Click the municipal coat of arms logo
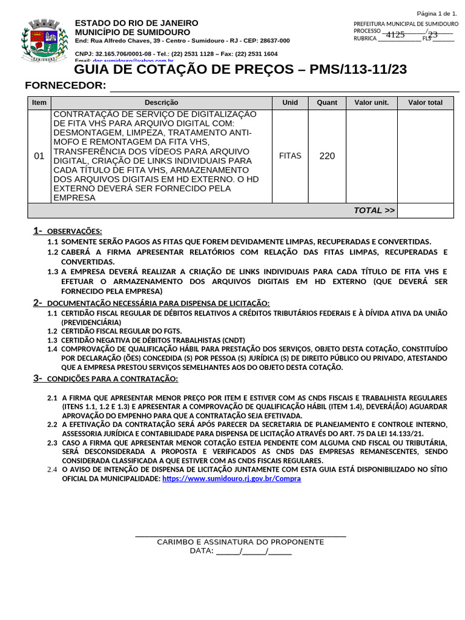(x=40, y=41)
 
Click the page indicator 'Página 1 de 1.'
(x=437, y=13)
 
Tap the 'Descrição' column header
(x=161, y=102)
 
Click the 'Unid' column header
(x=290, y=102)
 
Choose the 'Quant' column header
(x=327, y=102)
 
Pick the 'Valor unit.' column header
(x=371, y=102)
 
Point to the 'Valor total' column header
(x=425, y=102)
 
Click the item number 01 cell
(x=39, y=156)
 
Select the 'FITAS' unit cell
(x=290, y=156)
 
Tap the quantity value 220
(x=327, y=156)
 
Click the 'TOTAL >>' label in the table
(x=374, y=210)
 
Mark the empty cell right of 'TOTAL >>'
(x=425, y=210)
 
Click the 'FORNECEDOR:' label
(x=65, y=85)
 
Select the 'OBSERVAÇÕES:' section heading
(x=74, y=231)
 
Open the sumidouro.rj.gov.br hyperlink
(x=231, y=478)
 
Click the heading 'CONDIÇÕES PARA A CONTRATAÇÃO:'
(x=112, y=379)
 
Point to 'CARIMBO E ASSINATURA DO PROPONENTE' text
(x=240, y=542)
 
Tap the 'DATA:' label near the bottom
(x=202, y=551)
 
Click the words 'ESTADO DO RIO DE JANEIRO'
(x=136, y=23)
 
